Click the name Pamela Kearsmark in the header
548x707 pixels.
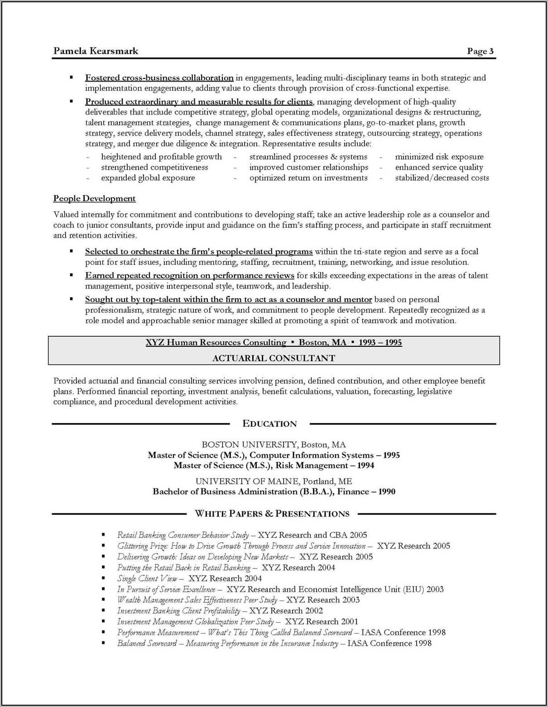[96, 51]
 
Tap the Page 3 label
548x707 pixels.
[480, 51]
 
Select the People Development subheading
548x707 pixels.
[94, 198]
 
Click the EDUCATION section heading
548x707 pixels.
[269, 424]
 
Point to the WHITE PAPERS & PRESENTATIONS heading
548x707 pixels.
[272, 514]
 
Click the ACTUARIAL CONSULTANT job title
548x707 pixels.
[274, 358]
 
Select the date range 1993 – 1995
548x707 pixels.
[380, 342]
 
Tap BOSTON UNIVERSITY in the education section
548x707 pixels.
[249, 444]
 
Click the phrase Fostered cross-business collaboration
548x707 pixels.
[159, 77]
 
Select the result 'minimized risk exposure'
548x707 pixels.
[439, 157]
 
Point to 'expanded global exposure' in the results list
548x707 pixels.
[148, 178]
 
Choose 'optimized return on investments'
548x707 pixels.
[308, 178]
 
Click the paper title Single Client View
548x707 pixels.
[147, 578]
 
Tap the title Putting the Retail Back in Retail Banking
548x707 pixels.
[183, 568]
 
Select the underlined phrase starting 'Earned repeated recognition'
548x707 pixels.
[189, 275]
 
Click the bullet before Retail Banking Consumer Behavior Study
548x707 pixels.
[104, 535]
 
